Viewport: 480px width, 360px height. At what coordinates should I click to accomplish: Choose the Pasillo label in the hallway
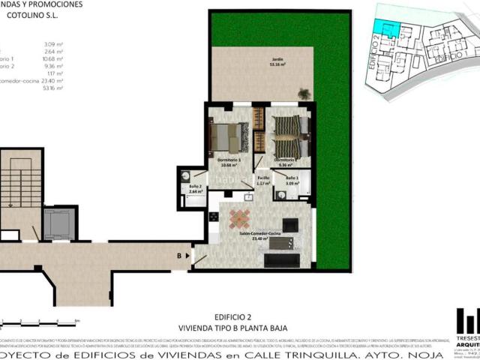[x=263, y=178]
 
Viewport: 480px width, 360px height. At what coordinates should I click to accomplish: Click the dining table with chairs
[x=241, y=219]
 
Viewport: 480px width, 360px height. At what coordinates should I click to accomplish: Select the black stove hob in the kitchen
[x=214, y=217]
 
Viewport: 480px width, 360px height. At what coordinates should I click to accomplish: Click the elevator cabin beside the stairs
[x=56, y=223]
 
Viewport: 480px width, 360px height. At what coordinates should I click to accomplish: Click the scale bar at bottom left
[x=41, y=320]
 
